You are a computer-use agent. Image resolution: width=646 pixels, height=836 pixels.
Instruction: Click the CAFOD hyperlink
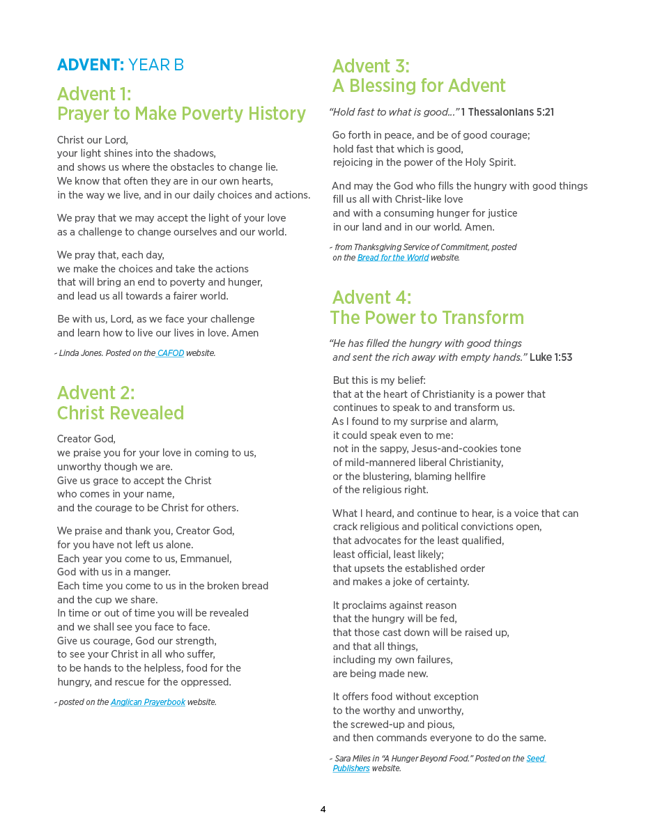click(x=171, y=353)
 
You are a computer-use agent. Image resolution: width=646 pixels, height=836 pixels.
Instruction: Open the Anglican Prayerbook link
click(x=148, y=702)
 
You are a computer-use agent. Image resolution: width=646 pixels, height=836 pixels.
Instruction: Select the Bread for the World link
click(x=393, y=258)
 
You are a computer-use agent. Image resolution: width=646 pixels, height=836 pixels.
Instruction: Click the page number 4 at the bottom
click(x=323, y=810)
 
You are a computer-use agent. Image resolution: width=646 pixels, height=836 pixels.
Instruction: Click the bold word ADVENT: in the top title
click(x=91, y=65)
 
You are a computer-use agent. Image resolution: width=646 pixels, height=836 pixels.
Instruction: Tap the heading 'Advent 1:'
click(x=94, y=94)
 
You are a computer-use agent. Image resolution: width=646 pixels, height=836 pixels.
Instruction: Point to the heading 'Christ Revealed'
click(x=121, y=413)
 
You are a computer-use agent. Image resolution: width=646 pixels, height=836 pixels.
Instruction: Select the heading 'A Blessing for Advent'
click(x=419, y=86)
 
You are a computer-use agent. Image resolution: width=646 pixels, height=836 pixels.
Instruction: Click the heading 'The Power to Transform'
click(x=427, y=318)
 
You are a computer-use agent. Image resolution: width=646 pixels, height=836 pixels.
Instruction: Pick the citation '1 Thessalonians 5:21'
click(x=507, y=112)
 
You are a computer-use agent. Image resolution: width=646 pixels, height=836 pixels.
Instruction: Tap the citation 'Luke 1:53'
click(x=551, y=357)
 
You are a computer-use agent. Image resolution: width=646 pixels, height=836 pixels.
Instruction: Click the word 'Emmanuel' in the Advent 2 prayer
click(x=206, y=559)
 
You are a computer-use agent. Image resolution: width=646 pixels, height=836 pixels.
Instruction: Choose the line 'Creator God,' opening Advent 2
click(x=86, y=439)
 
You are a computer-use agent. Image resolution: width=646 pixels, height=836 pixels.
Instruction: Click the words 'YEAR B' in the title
click(x=156, y=65)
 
